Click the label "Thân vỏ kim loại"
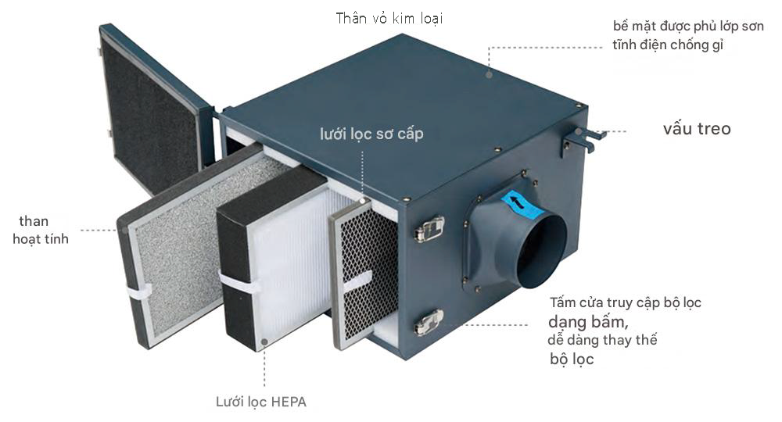click(x=393, y=18)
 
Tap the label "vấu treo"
click(x=696, y=129)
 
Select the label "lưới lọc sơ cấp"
click(x=371, y=134)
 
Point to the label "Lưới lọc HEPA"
click(x=261, y=402)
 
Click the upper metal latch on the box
click(x=429, y=229)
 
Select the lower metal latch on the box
click(x=429, y=321)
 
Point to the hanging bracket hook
click(x=583, y=138)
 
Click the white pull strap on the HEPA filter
click(x=239, y=282)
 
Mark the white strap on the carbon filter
click(x=138, y=291)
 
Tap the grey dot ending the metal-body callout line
click(x=489, y=74)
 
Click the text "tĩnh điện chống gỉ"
click(x=669, y=45)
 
